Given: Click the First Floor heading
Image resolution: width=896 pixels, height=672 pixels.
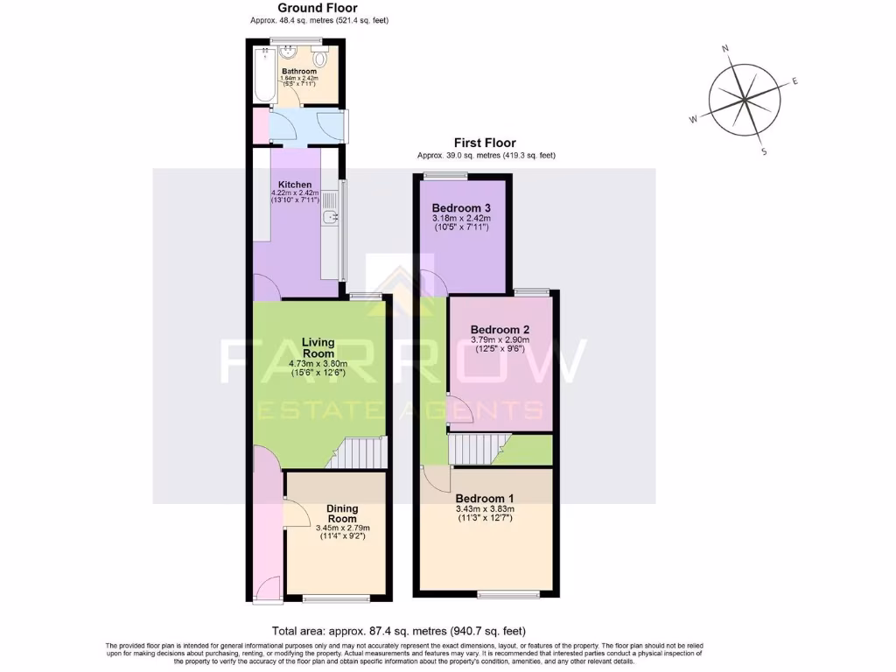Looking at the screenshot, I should pos(484,143).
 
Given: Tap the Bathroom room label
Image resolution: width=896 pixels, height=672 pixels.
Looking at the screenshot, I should pos(298,71).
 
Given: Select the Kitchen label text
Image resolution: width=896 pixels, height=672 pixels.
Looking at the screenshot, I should pos(295,185).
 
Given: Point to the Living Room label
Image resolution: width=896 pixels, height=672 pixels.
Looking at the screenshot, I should pos(318,347).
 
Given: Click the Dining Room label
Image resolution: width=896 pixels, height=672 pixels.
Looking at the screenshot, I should pos(342,514).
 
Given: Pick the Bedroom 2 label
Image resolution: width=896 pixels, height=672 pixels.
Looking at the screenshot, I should pos(500,330).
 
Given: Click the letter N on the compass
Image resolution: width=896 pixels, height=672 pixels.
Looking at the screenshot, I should pos(725,49).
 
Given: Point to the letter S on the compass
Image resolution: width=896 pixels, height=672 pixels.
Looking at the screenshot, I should pos(764,151).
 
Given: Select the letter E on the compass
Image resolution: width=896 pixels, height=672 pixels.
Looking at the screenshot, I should pos(794,81).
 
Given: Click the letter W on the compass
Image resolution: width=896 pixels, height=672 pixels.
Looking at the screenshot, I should pos(694,119).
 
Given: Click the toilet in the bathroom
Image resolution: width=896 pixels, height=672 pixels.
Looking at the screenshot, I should pos(321,59).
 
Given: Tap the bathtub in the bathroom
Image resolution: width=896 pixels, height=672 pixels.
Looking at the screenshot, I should pos(263,74).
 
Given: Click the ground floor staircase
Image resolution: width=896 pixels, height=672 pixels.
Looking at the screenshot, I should pos(361,453).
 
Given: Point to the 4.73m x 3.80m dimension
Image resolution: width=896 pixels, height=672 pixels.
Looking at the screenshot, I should pos(318,364).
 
